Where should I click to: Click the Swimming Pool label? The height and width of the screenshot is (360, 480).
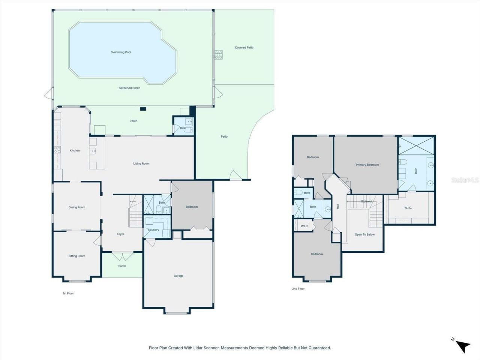121,52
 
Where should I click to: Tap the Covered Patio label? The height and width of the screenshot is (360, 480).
244,48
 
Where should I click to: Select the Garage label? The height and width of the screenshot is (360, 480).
178,276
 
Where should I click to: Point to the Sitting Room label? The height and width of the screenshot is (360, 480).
77,256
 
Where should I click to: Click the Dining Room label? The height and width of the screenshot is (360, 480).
77,207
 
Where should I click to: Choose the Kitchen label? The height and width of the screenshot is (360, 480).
75,151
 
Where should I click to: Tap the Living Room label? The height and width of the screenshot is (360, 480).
141,163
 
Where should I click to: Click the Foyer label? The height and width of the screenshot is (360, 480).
120,234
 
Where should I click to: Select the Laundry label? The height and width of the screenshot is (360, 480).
153,230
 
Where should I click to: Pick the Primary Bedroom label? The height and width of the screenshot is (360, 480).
367,165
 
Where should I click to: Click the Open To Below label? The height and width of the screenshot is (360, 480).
364,235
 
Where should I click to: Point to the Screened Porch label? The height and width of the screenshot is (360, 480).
130,88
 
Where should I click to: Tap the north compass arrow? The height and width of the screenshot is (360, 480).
463,345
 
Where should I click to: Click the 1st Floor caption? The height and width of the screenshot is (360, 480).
68,293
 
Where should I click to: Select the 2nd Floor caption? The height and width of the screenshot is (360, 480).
298,289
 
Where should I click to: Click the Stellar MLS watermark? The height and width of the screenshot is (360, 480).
465,180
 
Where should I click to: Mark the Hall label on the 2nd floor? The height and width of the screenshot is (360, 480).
338,206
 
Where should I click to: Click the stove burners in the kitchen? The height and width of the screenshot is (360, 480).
58,150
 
